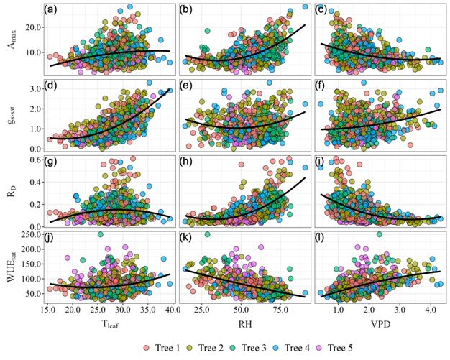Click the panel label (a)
point(50,10)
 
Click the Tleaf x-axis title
point(110,327)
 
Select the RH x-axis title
point(246,326)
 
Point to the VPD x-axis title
point(381,326)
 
